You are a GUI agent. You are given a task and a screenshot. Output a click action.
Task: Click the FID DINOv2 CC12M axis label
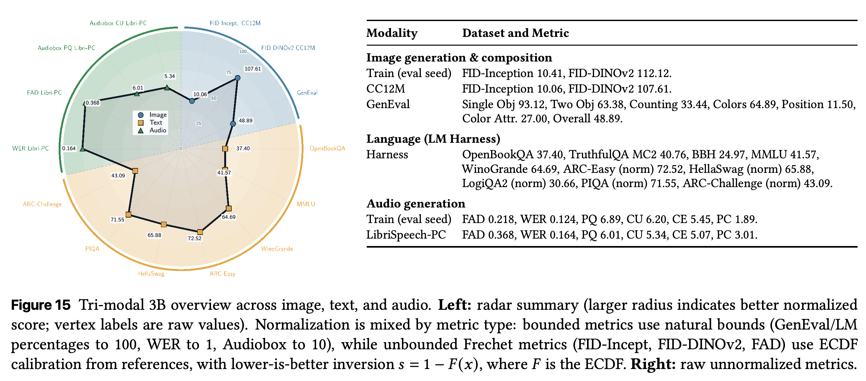[x=288, y=48]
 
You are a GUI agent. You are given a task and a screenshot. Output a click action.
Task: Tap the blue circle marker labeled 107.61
[x=237, y=78]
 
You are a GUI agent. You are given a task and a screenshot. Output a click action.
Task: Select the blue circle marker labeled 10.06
[x=191, y=101]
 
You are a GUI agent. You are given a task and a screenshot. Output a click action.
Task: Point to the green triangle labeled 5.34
[x=167, y=88]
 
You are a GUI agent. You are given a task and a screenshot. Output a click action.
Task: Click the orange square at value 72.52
[x=200, y=232]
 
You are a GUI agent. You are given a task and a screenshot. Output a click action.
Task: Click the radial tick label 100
[x=243, y=51]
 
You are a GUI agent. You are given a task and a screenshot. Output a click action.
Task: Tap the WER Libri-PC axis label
[x=30, y=148]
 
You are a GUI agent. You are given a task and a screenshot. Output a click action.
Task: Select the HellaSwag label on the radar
[x=151, y=274]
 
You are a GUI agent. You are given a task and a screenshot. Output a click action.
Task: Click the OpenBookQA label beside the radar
[x=327, y=148]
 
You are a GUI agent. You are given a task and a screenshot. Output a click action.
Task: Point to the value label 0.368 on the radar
[x=92, y=103]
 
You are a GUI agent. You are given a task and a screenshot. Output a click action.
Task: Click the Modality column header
[x=392, y=33]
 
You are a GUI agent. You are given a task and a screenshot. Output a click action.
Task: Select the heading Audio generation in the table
[x=416, y=203]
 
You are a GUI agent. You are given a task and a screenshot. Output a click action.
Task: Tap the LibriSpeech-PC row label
[x=406, y=234]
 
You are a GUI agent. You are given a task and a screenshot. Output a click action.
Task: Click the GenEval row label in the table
[x=388, y=104]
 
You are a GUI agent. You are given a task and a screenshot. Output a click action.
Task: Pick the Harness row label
[x=387, y=154]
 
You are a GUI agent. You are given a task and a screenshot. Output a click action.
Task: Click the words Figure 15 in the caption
[x=41, y=305]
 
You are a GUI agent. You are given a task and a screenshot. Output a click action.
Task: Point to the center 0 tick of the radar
[x=181, y=149]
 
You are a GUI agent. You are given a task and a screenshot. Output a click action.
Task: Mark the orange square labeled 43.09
[x=135, y=171]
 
